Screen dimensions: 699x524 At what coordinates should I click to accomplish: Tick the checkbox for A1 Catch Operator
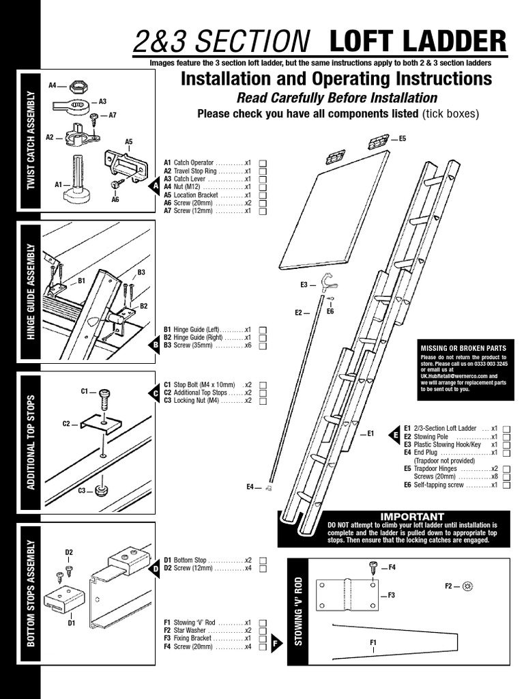pyautogui.click(x=263, y=163)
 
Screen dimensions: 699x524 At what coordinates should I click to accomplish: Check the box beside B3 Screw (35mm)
pyautogui.click(x=263, y=346)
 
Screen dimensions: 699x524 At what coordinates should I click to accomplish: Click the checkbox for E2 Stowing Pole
pyautogui.click(x=507, y=437)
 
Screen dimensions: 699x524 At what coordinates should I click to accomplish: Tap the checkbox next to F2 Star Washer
pyautogui.click(x=263, y=631)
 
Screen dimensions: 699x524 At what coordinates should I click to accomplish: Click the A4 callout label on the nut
pyautogui.click(x=53, y=86)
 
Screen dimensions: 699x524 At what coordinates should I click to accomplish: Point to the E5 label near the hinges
pyautogui.click(x=402, y=139)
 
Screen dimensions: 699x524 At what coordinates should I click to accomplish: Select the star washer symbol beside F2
pyautogui.click(x=468, y=586)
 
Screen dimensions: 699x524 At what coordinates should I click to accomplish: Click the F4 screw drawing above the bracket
pyautogui.click(x=373, y=567)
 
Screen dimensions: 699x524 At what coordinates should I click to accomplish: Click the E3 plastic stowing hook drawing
pyautogui.click(x=329, y=281)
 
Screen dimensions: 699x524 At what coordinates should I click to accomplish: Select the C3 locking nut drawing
pyautogui.click(x=102, y=490)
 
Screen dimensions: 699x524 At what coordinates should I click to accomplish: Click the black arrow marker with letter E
pyautogui.click(x=394, y=434)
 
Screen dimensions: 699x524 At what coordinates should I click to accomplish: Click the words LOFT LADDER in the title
pyautogui.click(x=418, y=42)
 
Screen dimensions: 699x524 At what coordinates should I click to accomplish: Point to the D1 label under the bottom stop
pyautogui.click(x=70, y=623)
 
